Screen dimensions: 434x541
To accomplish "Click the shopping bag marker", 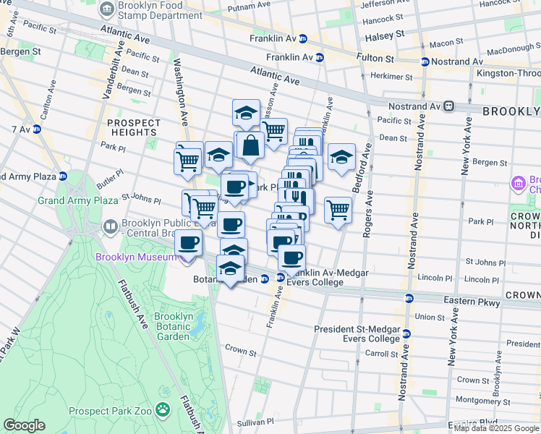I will (250, 145).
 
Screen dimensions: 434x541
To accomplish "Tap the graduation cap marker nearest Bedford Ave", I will (342, 157).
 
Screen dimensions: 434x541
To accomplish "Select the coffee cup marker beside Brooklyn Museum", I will (189, 244).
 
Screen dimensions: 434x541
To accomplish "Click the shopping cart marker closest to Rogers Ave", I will (338, 210).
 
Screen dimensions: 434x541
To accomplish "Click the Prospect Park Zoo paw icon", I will (163, 411).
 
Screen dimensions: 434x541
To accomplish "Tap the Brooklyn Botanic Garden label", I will (173, 326).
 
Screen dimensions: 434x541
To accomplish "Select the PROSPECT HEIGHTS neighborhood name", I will (134, 127).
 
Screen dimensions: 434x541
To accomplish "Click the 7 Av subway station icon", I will (36, 129).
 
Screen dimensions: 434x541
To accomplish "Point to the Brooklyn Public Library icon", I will (110, 227).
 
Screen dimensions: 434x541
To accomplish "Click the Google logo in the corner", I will (24, 425).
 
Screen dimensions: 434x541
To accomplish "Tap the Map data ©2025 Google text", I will (495, 428).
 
